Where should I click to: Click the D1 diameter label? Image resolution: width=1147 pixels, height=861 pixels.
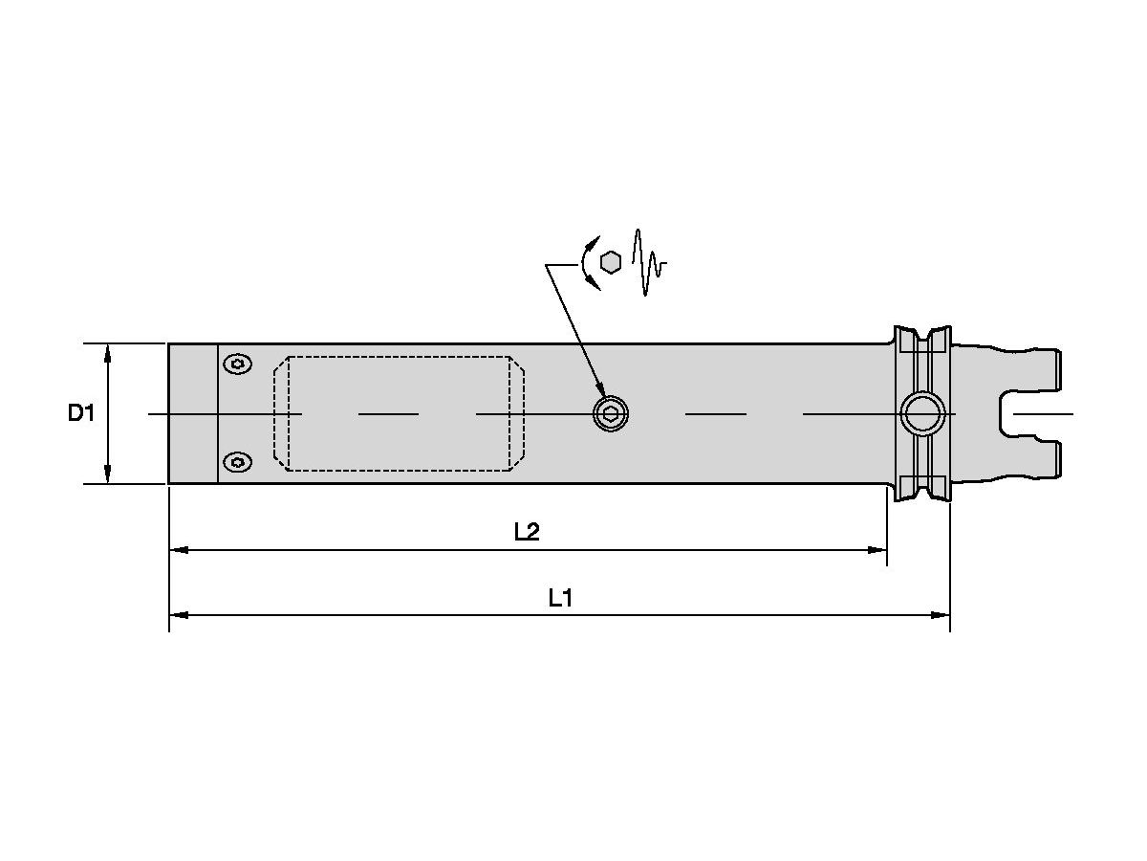(81, 413)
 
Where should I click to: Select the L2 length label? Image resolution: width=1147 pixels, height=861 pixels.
(527, 533)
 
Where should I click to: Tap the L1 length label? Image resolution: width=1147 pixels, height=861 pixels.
(560, 598)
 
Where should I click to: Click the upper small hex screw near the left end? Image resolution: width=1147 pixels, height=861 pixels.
(237, 364)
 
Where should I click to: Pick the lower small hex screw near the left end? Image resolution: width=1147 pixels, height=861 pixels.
(237, 463)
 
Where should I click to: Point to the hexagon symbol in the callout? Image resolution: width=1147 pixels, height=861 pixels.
(611, 261)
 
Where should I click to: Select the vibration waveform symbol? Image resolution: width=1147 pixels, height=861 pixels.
(649, 262)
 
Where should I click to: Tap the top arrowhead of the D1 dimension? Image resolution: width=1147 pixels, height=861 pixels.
(108, 351)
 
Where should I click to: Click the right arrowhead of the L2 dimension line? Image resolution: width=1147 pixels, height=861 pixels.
(878, 550)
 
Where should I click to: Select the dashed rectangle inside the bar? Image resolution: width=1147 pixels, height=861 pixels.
(399, 413)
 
